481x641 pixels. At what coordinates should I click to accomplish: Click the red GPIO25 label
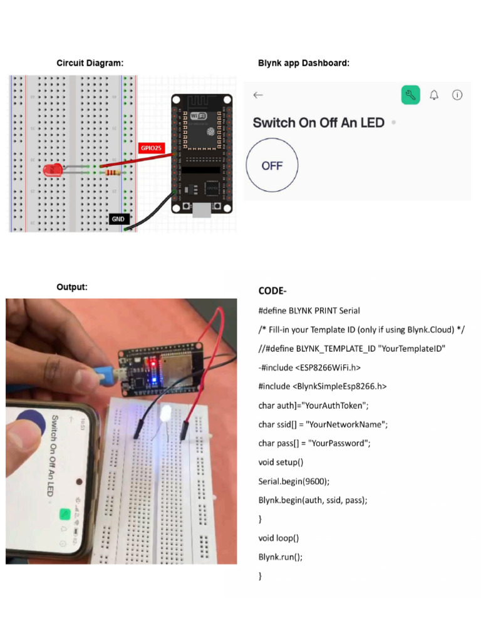pyautogui.click(x=151, y=148)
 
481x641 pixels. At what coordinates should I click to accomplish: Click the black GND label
pyautogui.click(x=118, y=219)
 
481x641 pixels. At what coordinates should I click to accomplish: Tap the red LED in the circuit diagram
pyautogui.click(x=53, y=169)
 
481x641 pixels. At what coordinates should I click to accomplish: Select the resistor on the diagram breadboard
pyautogui.click(x=114, y=173)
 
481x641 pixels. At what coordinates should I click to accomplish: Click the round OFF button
pyautogui.click(x=272, y=166)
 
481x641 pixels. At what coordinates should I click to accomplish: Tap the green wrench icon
pyautogui.click(x=410, y=95)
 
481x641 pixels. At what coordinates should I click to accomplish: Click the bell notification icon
pyautogui.click(x=434, y=95)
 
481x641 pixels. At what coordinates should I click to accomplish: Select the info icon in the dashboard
pyautogui.click(x=457, y=95)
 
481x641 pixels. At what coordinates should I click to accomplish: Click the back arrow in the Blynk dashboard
pyautogui.click(x=258, y=95)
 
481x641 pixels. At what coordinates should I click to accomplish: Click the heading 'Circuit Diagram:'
pyautogui.click(x=90, y=63)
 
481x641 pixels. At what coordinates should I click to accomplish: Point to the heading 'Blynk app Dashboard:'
pyautogui.click(x=304, y=63)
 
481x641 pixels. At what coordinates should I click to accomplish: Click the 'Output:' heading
pyautogui.click(x=72, y=287)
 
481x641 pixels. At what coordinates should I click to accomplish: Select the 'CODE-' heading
pyautogui.click(x=272, y=291)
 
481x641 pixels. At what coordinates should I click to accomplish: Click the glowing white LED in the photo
pyautogui.click(x=167, y=414)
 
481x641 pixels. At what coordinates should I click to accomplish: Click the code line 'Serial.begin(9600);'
pyautogui.click(x=294, y=481)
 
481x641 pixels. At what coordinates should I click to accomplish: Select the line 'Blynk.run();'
pyautogui.click(x=280, y=557)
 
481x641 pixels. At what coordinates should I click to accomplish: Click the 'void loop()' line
pyautogui.click(x=279, y=538)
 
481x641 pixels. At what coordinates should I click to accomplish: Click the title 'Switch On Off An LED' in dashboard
pyautogui.click(x=318, y=123)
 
